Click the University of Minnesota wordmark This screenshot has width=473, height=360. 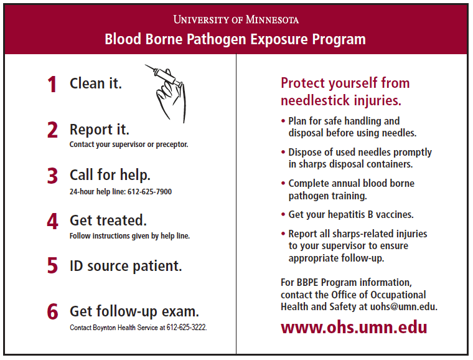point(236,19)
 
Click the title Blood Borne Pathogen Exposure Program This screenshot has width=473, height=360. point(235,39)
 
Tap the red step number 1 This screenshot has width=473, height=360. point(52,84)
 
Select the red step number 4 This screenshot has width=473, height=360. point(52,221)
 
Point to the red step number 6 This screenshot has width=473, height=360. point(52,311)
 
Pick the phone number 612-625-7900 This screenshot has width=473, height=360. point(149,192)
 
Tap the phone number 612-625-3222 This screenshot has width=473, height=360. point(187,328)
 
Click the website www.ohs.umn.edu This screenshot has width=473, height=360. point(354,327)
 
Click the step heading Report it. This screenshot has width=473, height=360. point(100,130)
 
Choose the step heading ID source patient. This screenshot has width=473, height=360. point(126,266)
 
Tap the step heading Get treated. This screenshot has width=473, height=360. point(108,220)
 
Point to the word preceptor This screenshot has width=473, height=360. point(172,144)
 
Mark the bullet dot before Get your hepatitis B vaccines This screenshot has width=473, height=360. point(283,214)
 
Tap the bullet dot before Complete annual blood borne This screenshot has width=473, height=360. point(283,183)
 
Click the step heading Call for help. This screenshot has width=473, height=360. point(110,175)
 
